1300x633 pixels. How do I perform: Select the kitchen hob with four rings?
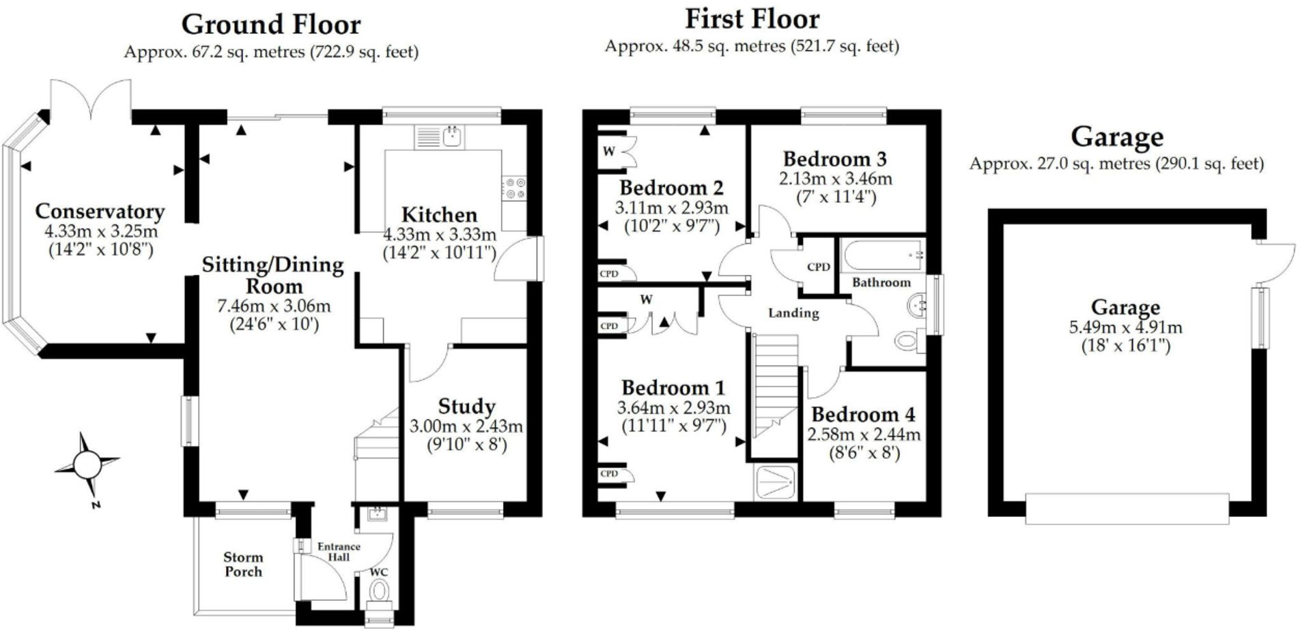point(514,188)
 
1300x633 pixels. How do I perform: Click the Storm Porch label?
point(243,565)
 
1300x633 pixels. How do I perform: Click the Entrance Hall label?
point(339,552)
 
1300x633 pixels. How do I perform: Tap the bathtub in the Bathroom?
point(882,256)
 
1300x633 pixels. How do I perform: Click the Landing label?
point(793,313)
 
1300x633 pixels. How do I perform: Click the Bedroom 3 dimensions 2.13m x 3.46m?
point(835,179)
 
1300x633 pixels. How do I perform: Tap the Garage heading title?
point(1116,137)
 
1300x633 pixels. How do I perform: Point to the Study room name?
point(466,407)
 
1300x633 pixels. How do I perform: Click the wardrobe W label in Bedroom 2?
point(608,151)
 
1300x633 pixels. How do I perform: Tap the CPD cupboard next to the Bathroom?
point(818,267)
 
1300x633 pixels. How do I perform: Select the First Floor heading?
point(752,19)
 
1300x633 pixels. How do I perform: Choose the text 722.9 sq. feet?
point(364,52)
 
